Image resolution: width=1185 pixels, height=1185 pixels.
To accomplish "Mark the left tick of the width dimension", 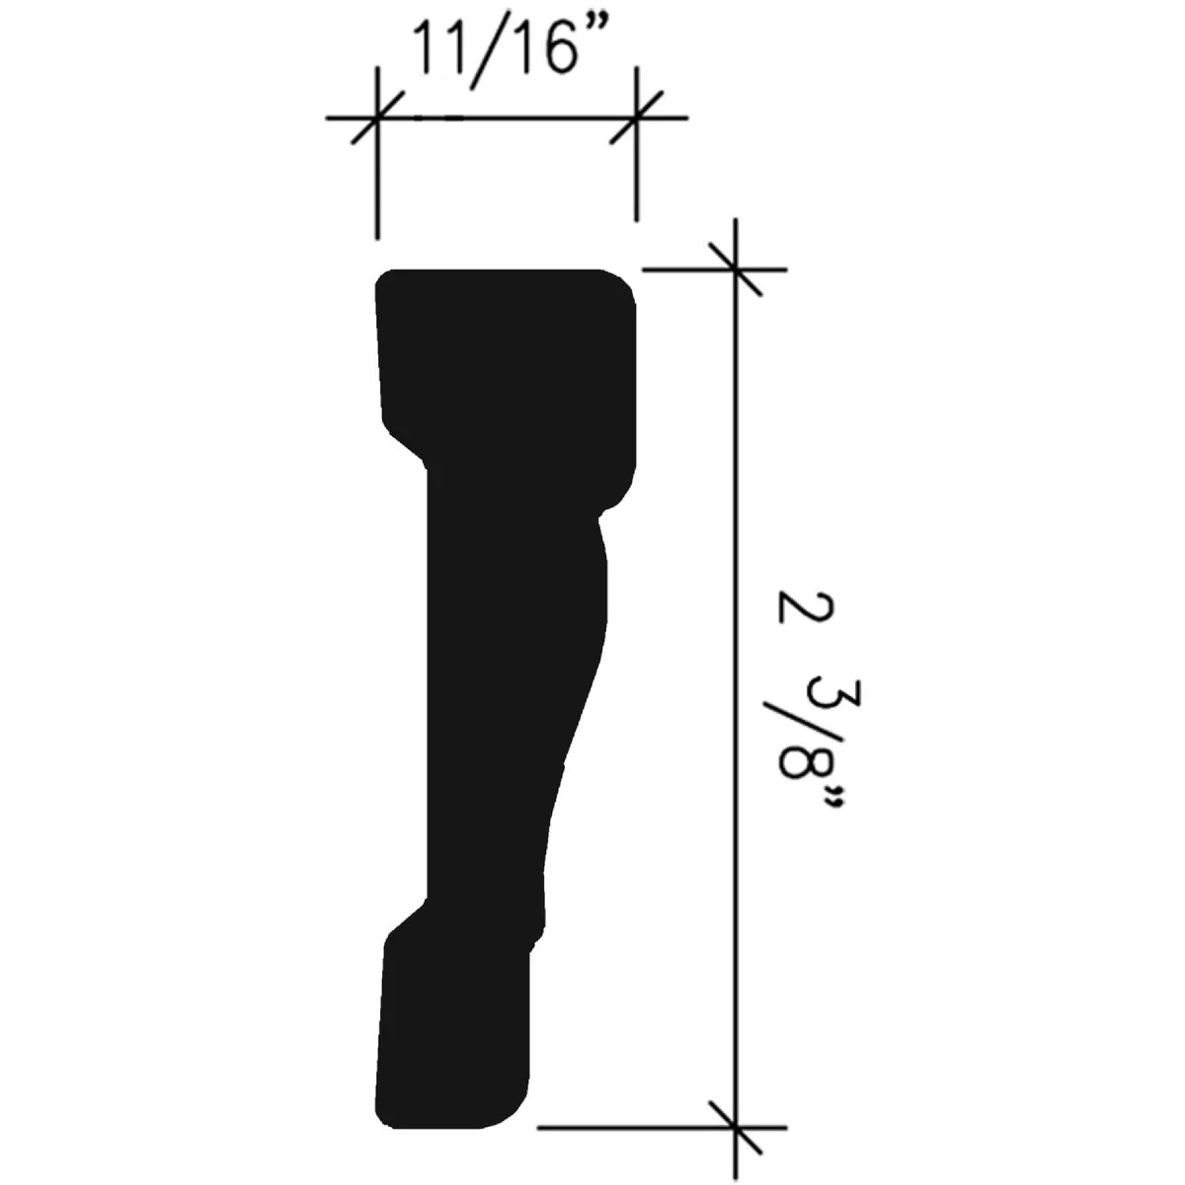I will [x=376, y=118].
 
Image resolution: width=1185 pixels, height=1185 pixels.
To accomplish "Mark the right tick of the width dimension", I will [x=636, y=118].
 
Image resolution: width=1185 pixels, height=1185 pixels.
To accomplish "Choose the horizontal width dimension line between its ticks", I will [x=506, y=118].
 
